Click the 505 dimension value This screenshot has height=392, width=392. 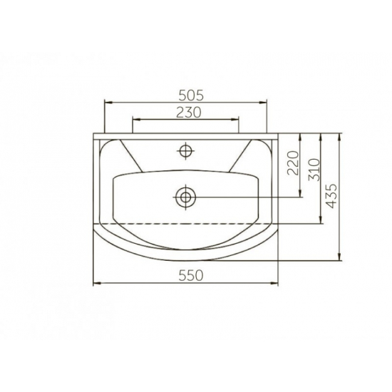click(x=192, y=96)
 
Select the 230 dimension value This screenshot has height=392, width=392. click(x=189, y=113)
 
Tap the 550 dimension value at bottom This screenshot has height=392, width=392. click(x=191, y=276)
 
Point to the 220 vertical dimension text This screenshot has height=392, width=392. click(x=293, y=163)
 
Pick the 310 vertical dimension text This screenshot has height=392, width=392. click(x=314, y=170)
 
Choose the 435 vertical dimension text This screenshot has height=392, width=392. click(x=332, y=196)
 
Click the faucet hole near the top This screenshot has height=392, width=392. click(x=185, y=150)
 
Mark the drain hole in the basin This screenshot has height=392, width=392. click(x=185, y=197)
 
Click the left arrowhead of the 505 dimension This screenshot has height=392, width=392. click(x=108, y=102)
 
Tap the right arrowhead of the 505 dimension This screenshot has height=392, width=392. click(x=263, y=102)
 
